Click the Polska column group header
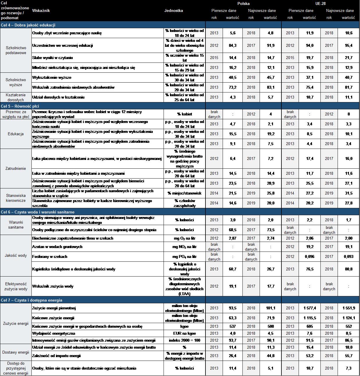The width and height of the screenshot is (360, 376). click(x=243, y=3)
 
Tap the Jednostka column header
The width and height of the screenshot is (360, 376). click(x=173, y=10)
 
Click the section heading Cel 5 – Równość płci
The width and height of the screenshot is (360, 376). click(x=20, y=106)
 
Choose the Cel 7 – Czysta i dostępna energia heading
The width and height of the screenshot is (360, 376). click(x=32, y=300)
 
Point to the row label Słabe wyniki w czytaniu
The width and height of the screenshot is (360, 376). click(x=52, y=58)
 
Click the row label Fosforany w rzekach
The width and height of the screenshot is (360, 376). click(x=50, y=256)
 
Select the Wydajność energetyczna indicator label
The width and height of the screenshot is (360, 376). click(x=54, y=333)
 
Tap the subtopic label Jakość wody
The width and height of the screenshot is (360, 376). click(x=16, y=255)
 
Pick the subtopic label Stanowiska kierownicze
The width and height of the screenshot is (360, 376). click(x=16, y=198)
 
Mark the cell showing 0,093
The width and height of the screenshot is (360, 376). click(x=348, y=256)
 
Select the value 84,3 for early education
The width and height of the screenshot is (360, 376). click(x=233, y=45)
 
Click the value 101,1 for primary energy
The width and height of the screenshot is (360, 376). click(x=270, y=308)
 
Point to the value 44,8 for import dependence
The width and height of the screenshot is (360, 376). click(x=270, y=356)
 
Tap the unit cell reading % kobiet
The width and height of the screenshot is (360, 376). click(x=185, y=114)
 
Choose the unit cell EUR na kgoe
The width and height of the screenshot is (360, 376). click(x=185, y=333)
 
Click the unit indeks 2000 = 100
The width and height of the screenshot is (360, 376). click(x=185, y=340)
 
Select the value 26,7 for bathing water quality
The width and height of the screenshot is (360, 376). click(x=270, y=269)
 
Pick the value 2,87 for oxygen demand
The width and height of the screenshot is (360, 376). click(x=233, y=238)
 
